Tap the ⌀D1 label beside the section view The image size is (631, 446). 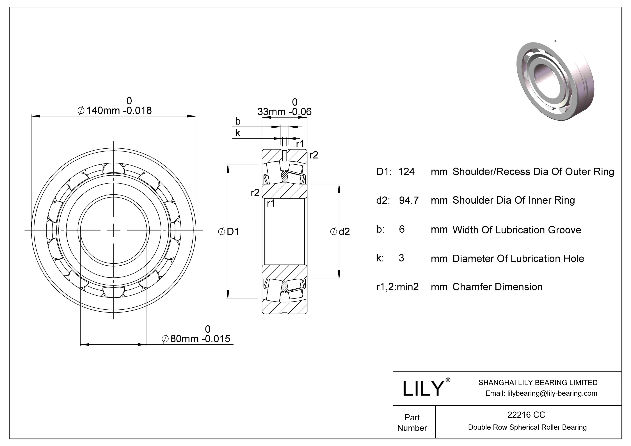pos(229,231)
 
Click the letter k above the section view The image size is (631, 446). pos(238,133)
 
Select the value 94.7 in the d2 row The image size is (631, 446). pos(409,200)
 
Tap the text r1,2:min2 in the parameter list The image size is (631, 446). pos(397,287)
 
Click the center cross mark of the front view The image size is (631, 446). pos(114,230)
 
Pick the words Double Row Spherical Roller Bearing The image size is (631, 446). pos(527,427)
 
